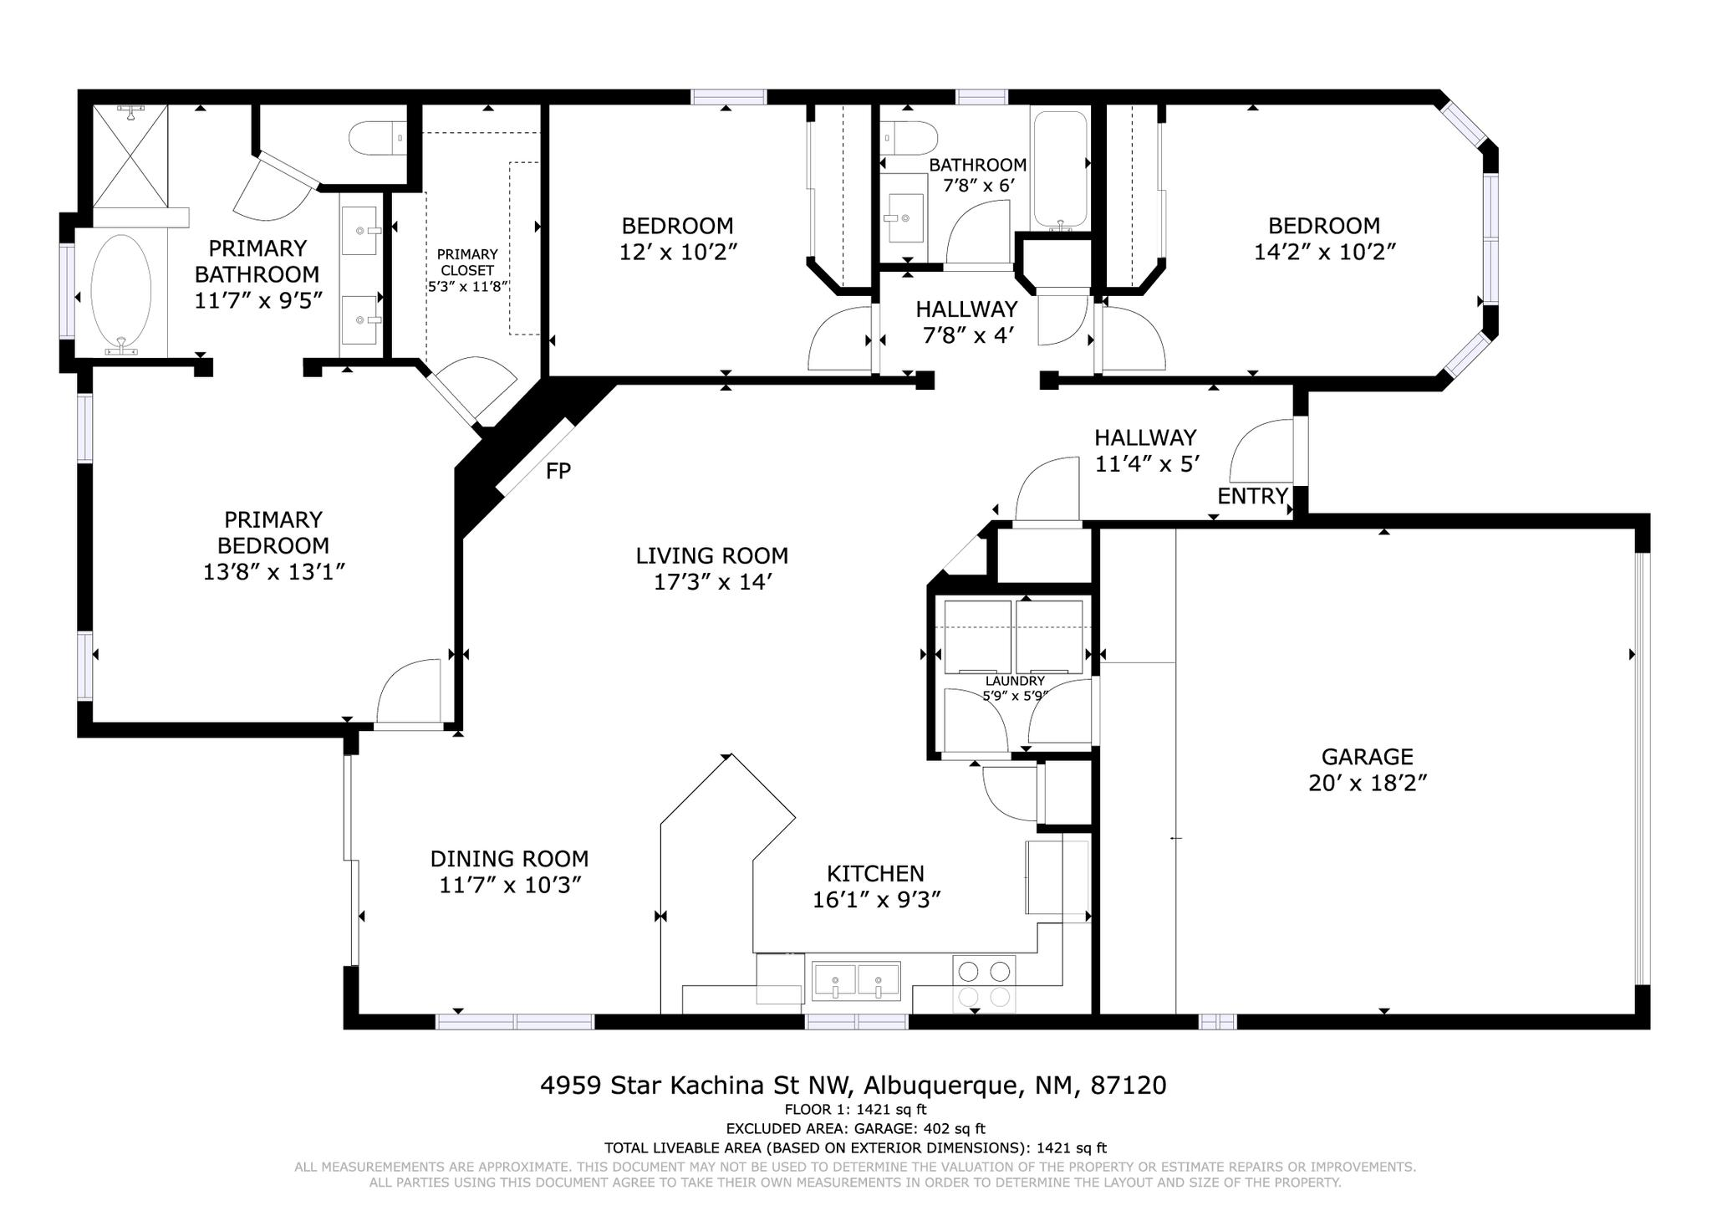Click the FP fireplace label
tap(558, 471)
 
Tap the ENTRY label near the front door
tap(1251, 496)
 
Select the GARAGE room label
tap(1367, 757)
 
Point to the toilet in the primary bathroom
tap(376, 139)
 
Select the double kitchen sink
tap(856, 980)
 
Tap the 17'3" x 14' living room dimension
tap(711, 582)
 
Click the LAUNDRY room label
tap(1015, 681)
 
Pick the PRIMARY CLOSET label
tap(467, 262)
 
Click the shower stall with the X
tap(130, 156)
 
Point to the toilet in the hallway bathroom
tap(909, 138)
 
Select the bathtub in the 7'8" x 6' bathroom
tap(1060, 170)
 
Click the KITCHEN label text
tap(875, 874)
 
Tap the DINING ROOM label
tap(509, 859)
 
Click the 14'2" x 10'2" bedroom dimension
tap(1324, 252)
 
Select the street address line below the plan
tap(853, 1086)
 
